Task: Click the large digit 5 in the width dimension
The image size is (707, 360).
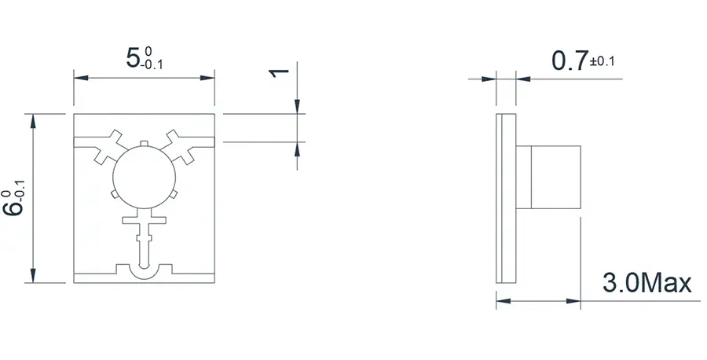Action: pyautogui.click(x=133, y=58)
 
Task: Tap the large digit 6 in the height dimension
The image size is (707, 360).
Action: pyautogui.click(x=13, y=208)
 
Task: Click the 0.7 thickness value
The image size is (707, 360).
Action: pyautogui.click(x=570, y=61)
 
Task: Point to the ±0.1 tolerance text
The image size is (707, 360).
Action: pyautogui.click(x=603, y=61)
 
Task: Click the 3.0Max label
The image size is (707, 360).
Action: pyautogui.click(x=647, y=283)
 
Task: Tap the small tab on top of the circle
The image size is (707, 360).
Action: pyautogui.click(x=144, y=144)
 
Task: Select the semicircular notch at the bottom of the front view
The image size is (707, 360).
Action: pyautogui.click(x=145, y=274)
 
